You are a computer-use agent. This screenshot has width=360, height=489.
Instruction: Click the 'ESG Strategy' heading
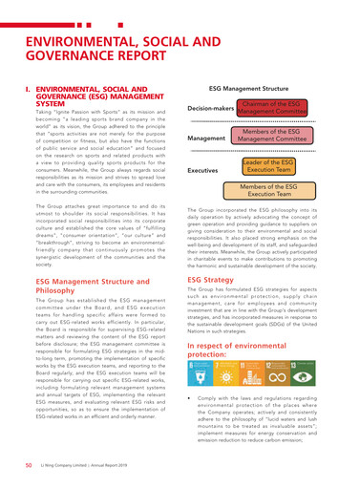[x=212, y=254]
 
